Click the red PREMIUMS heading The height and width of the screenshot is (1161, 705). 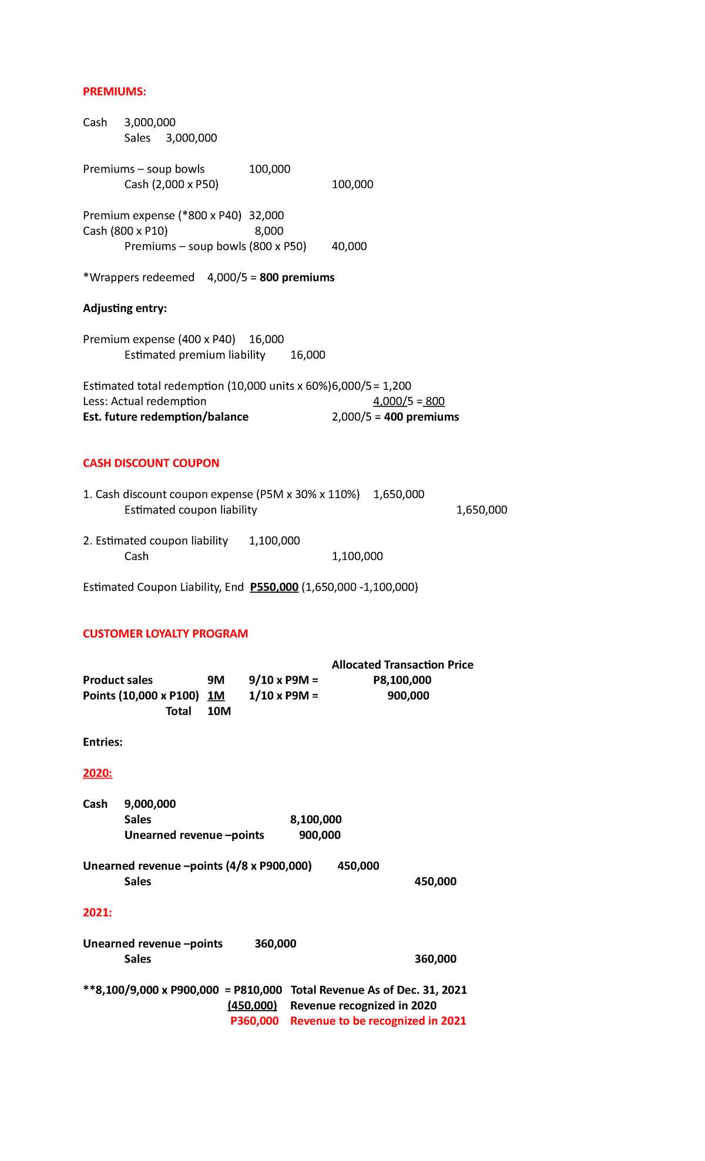pos(114,92)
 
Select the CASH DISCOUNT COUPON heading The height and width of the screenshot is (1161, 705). pos(151,463)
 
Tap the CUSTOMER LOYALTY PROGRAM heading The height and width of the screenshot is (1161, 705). pos(165,633)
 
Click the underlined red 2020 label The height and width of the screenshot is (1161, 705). pos(98,773)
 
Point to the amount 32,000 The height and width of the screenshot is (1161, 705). pos(266,216)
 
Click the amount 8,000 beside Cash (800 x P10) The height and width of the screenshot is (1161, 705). pos(268,231)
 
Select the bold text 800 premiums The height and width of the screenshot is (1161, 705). pos(297,277)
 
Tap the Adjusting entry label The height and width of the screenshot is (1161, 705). pos(125,308)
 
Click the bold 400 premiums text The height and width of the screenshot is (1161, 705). pos(421,417)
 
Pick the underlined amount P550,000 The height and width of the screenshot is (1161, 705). pos(274,587)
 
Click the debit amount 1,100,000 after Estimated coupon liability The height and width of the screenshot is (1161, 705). pos(274,541)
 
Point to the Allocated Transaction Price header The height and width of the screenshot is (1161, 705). pos(402,665)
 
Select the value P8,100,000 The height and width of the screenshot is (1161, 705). pos(402,680)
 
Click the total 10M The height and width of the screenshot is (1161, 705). pos(219,711)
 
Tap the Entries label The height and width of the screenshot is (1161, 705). pos(103,742)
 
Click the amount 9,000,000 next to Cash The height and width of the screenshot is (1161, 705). pos(150,804)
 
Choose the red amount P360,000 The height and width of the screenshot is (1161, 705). pos(254,1021)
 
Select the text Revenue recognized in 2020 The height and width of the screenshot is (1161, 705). pos(363,1005)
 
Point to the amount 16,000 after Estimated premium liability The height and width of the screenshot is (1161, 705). pos(308,355)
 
